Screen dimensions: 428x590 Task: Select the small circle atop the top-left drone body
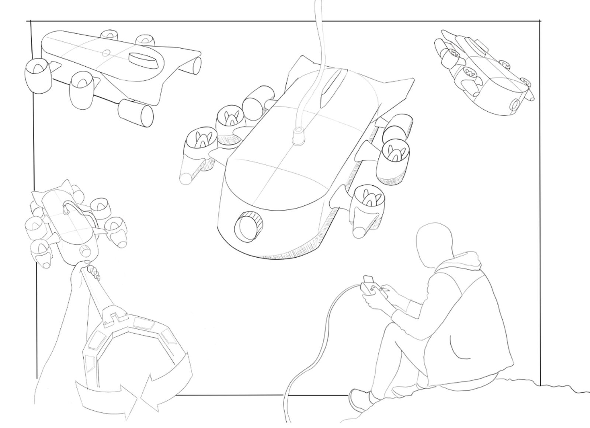click(106, 53)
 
